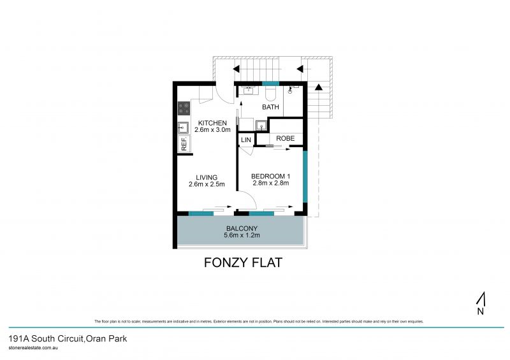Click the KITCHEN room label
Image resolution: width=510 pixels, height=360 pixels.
[x=212, y=123]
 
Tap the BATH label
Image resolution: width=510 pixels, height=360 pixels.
[x=271, y=108]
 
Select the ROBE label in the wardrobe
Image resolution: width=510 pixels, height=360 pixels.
[x=285, y=138]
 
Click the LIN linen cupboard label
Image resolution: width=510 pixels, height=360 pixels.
[x=246, y=140]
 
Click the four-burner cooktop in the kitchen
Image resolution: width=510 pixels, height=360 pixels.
[x=184, y=108]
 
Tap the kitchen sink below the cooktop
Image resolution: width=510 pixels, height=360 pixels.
[x=183, y=127]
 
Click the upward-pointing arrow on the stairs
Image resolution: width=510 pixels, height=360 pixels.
[x=319, y=87]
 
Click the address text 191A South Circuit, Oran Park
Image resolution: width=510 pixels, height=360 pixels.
[x=68, y=339]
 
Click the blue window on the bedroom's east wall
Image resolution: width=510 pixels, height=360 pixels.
[x=305, y=176]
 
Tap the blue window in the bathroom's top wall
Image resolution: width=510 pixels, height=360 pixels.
[x=270, y=84]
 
